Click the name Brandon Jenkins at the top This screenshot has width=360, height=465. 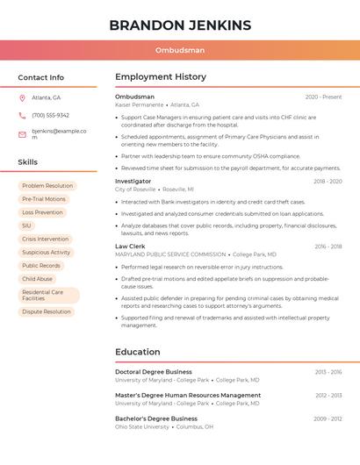pyautogui.click(x=180, y=25)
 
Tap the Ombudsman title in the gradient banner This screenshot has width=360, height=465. pyautogui.click(x=180, y=51)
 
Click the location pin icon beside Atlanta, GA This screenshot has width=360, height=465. pyautogui.click(x=22, y=97)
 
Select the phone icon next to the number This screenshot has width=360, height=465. pyautogui.click(x=22, y=115)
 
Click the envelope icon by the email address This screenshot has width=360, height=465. pyautogui.click(x=22, y=134)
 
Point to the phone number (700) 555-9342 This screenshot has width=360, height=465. pyautogui.click(x=50, y=115)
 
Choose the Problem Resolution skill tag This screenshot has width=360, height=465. pyautogui.click(x=47, y=186)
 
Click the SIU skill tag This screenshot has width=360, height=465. pyautogui.click(x=26, y=225)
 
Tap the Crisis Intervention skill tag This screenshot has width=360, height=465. pyautogui.click(x=45, y=239)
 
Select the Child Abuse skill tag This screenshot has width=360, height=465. pyautogui.click(x=37, y=279)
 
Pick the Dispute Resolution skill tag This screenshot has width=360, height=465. pyautogui.click(x=47, y=311)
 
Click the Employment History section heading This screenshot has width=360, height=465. pyautogui.click(x=161, y=77)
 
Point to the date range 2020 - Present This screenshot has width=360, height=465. pyautogui.click(x=323, y=97)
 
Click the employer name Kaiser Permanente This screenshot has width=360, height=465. pyautogui.click(x=140, y=104)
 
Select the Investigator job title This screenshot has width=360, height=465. pyautogui.click(x=133, y=181)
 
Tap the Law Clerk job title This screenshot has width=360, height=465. pyautogui.click(x=130, y=247)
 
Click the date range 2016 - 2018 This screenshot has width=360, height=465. pyautogui.click(x=328, y=247)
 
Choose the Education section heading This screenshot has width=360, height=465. pyautogui.click(x=138, y=352)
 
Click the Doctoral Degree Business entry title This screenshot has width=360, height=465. pyautogui.click(x=154, y=372)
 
